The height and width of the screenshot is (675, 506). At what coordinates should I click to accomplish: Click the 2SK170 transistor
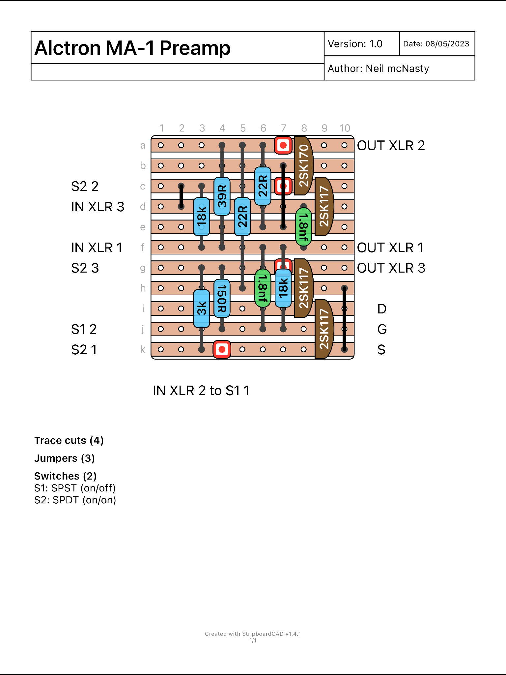coord(303,165)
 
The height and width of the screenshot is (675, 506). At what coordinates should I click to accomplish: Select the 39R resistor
coord(222,196)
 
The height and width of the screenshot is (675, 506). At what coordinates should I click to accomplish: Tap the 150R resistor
coord(222,298)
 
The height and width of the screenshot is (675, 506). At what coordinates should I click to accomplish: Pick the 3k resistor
coord(202,308)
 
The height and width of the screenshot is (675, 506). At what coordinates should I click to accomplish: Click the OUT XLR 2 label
coord(391,145)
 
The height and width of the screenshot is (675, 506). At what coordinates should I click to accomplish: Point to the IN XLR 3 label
coord(98,207)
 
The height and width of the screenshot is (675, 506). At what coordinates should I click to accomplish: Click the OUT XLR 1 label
coord(390,248)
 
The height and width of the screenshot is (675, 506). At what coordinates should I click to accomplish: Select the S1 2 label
coord(84,329)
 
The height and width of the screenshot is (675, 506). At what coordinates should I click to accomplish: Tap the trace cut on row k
coord(222,349)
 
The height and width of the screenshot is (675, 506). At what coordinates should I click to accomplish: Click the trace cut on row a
coord(283,145)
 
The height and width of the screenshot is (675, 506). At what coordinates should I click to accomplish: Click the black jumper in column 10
coord(344,319)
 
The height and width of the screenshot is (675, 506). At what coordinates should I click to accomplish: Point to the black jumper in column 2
coord(181,196)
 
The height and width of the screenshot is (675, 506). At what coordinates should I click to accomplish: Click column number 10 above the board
coord(345,128)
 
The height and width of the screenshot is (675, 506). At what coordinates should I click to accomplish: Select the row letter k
coord(143,349)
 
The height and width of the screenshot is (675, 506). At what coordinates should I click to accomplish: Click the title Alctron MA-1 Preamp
coord(132,48)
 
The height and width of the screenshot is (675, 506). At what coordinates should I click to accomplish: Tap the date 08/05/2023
coord(447,44)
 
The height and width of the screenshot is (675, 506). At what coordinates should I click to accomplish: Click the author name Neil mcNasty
coord(397,69)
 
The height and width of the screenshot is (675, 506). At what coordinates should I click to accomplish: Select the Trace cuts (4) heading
coord(69,440)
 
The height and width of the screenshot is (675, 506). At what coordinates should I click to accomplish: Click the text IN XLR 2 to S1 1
coord(201,391)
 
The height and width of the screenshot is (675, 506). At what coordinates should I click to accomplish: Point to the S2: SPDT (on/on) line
coord(75,500)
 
